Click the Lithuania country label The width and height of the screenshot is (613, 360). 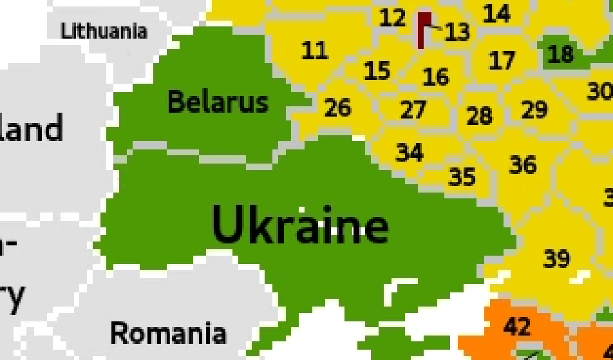[x=104, y=30]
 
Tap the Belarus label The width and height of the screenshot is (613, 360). [x=218, y=102]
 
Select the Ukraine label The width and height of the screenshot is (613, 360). [x=300, y=225]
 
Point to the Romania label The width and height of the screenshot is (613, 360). [x=168, y=333]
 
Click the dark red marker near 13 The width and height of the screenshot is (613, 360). [x=424, y=29]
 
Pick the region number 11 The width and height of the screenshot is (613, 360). [x=314, y=50]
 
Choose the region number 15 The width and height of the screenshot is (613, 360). [x=377, y=70]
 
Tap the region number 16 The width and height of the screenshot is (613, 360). [x=435, y=77]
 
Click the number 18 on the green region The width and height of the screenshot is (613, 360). [x=560, y=54]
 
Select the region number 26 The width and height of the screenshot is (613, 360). [x=337, y=108]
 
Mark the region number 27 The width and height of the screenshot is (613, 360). [x=413, y=110]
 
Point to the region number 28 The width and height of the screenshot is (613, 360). [x=479, y=116]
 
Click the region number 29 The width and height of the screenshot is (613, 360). [x=534, y=110]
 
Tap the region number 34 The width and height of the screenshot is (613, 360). [x=410, y=153]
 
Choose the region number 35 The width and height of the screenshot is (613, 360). [x=462, y=176]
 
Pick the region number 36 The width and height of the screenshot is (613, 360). [x=522, y=165]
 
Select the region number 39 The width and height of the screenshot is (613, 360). [x=556, y=258]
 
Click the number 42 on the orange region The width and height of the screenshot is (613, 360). [x=517, y=327]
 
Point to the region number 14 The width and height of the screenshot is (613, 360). [x=496, y=13]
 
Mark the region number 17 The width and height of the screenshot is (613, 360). [x=502, y=61]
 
